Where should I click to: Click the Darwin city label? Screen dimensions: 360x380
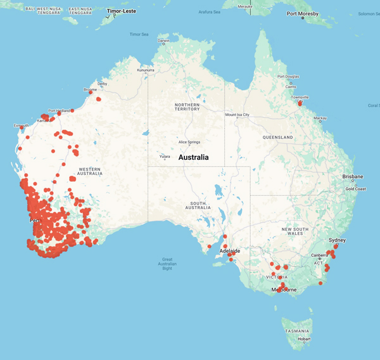pos(164,41)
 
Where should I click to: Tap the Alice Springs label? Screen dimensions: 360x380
pos(191,142)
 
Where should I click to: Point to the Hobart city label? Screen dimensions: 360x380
pos(304,339)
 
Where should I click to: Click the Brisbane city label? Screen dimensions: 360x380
pos(353,176)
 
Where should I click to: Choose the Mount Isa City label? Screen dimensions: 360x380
pos(238,115)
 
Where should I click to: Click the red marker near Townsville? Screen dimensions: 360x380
pos(300,103)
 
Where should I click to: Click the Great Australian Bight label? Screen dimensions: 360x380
pos(167,264)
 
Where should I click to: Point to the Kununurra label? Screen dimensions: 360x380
pos(146,71)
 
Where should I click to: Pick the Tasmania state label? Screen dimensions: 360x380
pos(296,331)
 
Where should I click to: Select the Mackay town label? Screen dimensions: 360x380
pos(320,118)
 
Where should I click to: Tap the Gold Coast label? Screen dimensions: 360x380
pos(355,189)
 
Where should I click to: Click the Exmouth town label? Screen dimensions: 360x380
pos(21,125)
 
